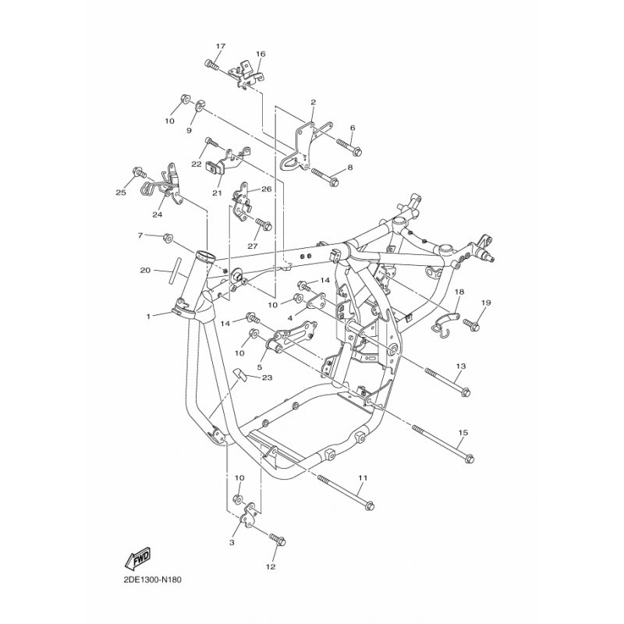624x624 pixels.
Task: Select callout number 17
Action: (221, 46)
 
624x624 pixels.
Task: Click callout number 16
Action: (261, 54)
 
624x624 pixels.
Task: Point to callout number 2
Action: (314, 102)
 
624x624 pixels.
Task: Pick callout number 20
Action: (145, 270)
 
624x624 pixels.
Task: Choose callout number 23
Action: (267, 377)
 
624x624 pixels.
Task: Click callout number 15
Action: (463, 432)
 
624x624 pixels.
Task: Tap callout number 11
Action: (363, 477)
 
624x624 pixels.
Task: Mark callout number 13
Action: (461, 366)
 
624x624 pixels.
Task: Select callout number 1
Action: (148, 317)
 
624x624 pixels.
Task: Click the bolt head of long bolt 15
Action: (470, 459)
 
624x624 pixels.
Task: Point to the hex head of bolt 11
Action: (370, 505)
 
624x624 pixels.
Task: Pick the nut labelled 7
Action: (167, 238)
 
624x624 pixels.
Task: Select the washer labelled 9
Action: (200, 105)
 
